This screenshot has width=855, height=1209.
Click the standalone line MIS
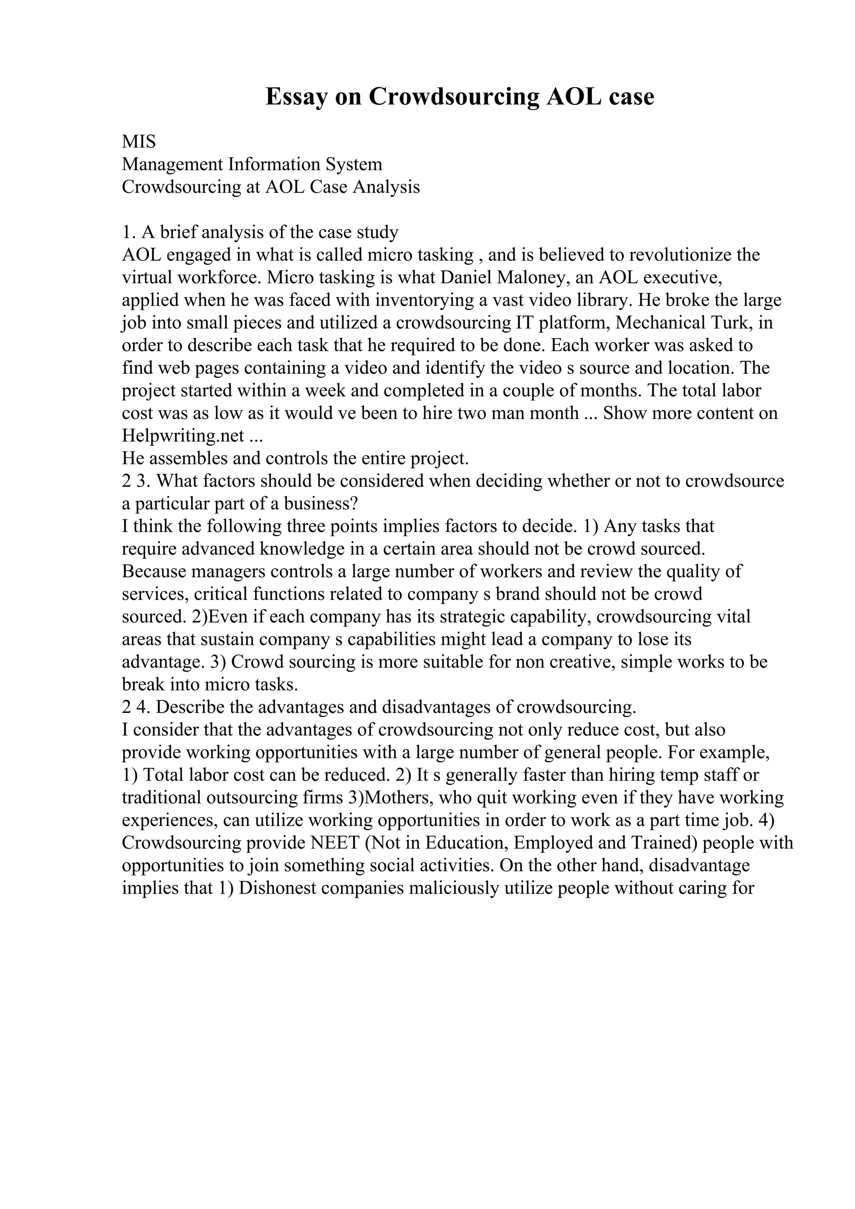pyautogui.click(x=139, y=142)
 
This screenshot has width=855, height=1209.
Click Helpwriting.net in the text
pyautogui.click(x=183, y=436)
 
